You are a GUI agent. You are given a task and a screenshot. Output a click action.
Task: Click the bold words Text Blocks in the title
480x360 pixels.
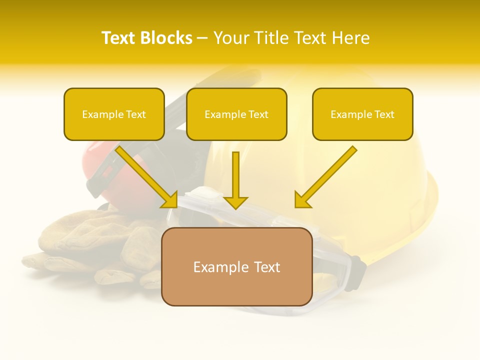coord(146,38)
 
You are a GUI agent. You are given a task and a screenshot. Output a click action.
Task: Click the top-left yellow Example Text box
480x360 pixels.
coord(114,114)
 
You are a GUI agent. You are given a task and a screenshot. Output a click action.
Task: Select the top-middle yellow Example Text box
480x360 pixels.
coord(236,114)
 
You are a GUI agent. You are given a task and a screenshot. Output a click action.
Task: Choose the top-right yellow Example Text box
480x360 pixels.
coord(362,114)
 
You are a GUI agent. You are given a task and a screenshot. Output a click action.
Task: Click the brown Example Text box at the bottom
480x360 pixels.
coord(236,266)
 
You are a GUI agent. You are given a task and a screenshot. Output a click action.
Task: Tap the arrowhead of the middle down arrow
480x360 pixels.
coord(235,202)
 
